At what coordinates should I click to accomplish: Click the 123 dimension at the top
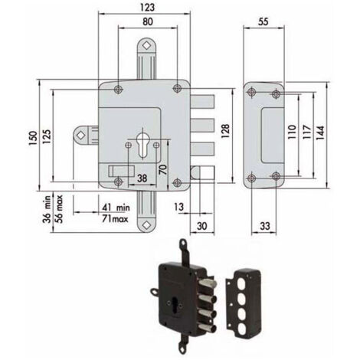click(147, 7)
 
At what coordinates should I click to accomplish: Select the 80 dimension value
click(148, 21)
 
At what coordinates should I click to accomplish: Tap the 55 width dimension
click(263, 21)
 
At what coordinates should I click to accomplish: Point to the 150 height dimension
click(33, 138)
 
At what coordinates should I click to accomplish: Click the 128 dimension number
click(225, 131)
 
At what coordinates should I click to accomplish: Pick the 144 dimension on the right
click(320, 133)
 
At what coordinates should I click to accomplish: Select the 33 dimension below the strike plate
click(265, 226)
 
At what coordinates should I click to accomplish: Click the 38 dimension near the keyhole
click(142, 178)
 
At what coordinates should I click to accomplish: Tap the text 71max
click(116, 219)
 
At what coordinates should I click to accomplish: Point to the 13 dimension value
click(179, 207)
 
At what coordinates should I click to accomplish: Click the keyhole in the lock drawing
click(142, 145)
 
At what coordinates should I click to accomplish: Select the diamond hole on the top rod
click(146, 46)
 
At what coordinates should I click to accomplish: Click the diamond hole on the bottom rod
click(146, 224)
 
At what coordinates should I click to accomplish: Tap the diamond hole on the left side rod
click(81, 135)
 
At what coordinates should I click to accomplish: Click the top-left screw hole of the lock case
click(118, 89)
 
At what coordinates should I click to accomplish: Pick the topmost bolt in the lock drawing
click(202, 101)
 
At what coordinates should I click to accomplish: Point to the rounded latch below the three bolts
click(201, 172)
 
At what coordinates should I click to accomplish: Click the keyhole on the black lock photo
click(175, 303)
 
